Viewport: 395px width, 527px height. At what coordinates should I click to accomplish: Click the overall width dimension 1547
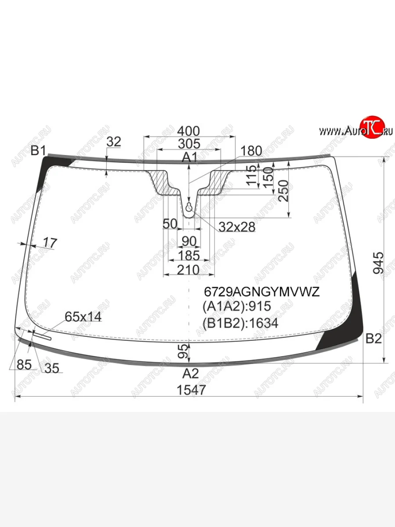[x=191, y=390]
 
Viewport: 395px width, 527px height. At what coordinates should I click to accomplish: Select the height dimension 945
[x=378, y=263]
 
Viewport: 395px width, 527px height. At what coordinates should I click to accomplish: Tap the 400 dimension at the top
[x=188, y=131]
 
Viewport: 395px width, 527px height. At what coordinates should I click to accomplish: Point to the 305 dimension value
[x=189, y=144]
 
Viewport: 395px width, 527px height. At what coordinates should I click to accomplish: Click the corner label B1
[x=38, y=151]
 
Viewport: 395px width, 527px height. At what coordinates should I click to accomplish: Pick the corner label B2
[x=373, y=339]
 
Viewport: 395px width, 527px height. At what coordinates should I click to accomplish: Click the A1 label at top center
[x=190, y=157]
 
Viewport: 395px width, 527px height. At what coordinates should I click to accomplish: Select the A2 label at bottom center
[x=190, y=373]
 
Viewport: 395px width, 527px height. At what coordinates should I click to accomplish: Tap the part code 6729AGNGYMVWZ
[x=262, y=292]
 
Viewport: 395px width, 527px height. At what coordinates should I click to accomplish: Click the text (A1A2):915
[x=237, y=307]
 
